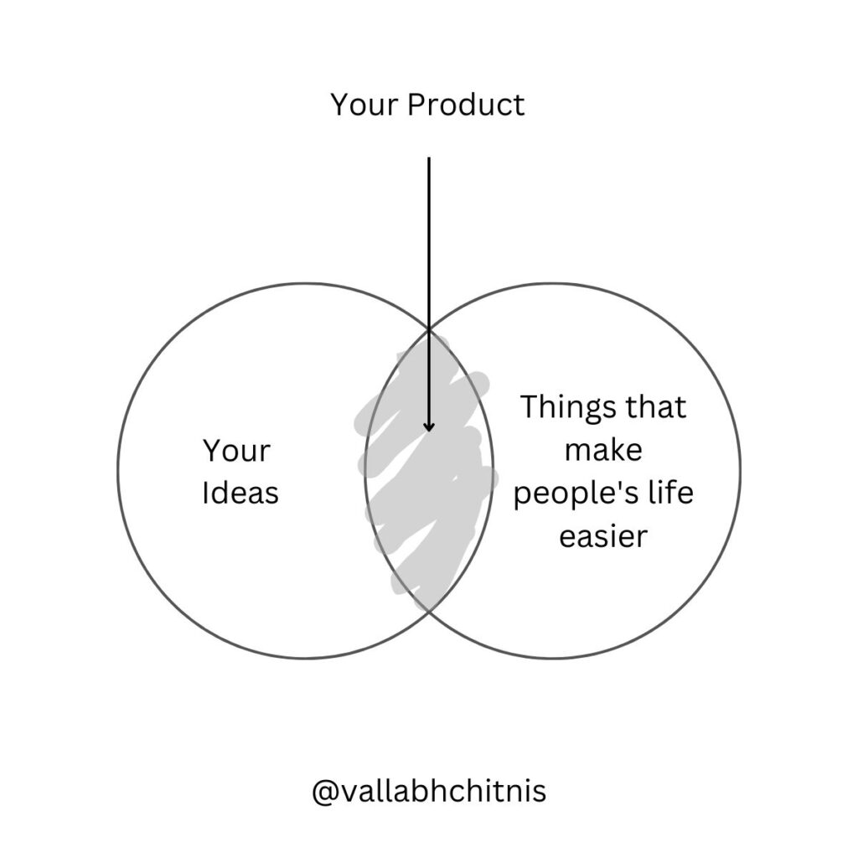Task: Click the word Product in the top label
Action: [466, 104]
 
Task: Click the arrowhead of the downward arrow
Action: [429, 426]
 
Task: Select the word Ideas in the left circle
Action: [240, 493]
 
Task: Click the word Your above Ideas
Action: [236, 450]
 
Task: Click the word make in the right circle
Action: [603, 450]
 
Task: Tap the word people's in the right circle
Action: [576, 494]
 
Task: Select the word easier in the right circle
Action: [603, 535]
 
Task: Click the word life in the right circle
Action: [671, 491]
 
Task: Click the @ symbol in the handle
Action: [324, 792]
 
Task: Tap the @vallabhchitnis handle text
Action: [429, 791]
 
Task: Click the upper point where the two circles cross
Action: [429, 329]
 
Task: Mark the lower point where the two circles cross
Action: [429, 610]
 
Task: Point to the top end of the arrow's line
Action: [429, 158]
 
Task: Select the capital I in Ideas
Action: [205, 493]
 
